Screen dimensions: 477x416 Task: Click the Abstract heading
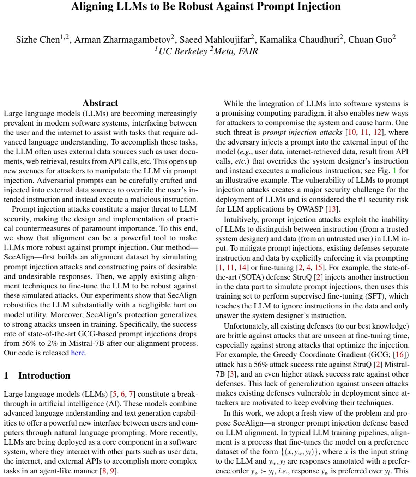(100, 103)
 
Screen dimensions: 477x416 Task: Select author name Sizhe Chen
(37, 40)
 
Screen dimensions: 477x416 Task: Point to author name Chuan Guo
(370, 40)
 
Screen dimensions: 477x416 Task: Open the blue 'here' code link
(78, 353)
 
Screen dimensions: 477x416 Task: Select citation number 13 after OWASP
(332, 209)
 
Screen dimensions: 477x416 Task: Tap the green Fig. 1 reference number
(394, 171)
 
